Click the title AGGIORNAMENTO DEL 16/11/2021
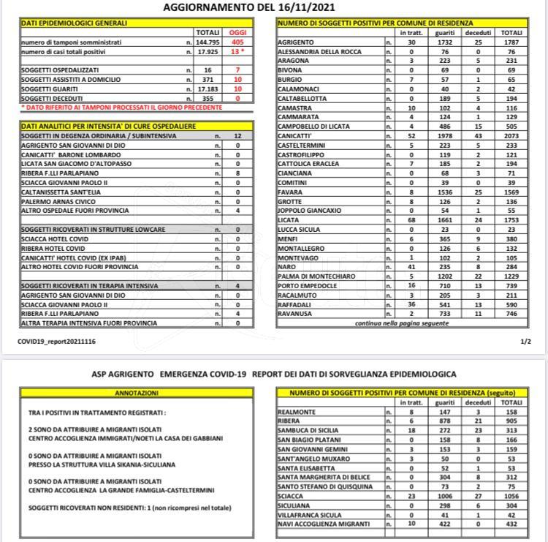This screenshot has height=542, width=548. coord(273,7)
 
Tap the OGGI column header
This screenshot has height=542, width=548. coord(238,33)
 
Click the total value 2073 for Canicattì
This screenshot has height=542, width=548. coord(511,135)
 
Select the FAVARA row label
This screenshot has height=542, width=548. coord(291,192)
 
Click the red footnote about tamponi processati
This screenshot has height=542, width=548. coord(121,108)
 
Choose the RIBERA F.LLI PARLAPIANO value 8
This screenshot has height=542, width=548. coord(238,173)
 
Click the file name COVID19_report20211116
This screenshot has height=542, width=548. coord(56,342)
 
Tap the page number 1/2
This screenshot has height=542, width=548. coord(525,342)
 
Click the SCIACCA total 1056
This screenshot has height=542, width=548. coord(511,495)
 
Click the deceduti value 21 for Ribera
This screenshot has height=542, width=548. coord(478,421)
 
